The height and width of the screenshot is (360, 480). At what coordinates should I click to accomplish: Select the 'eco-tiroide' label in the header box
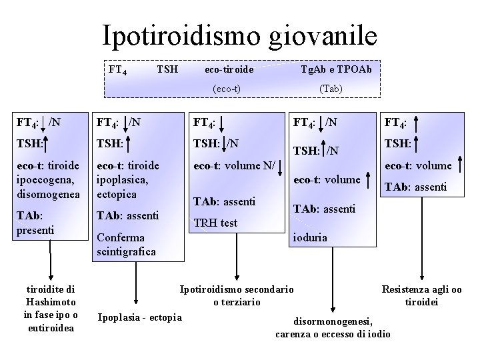[229, 69]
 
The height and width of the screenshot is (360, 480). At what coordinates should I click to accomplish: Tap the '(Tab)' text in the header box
[331, 89]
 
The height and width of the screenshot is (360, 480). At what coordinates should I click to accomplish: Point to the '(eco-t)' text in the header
[227, 89]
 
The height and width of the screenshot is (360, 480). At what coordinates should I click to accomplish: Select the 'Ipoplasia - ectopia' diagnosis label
[139, 317]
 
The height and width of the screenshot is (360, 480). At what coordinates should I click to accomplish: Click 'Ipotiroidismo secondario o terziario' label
[237, 296]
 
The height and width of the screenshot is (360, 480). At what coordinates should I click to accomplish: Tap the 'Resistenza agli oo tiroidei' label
[421, 296]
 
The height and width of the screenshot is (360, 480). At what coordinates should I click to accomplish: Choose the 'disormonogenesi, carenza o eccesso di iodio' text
[333, 327]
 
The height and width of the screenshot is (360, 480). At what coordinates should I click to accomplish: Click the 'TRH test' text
[215, 223]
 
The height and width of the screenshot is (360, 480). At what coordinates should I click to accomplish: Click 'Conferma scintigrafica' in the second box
[126, 244]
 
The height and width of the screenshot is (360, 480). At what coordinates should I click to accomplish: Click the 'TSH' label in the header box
[166, 69]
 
